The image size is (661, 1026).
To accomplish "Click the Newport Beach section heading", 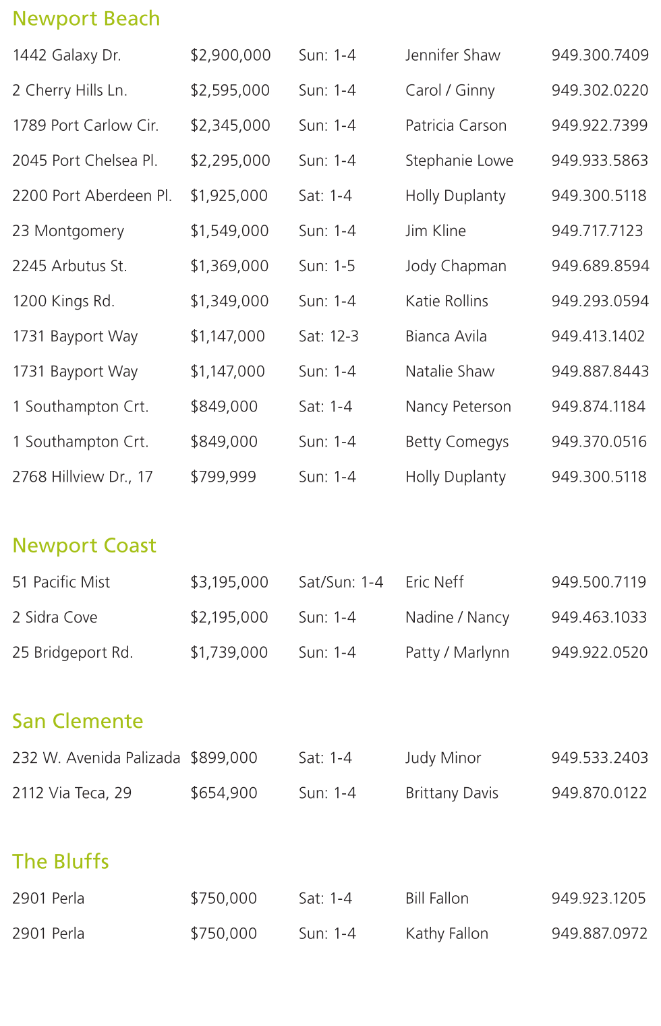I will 86,19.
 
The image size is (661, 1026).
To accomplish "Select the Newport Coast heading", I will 84,546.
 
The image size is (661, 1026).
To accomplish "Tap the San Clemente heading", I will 78,722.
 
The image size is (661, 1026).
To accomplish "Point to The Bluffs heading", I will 61,862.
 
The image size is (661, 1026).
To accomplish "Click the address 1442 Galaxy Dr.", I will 67,55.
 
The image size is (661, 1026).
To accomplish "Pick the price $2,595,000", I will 230,90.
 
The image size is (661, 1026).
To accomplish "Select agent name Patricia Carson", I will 456,125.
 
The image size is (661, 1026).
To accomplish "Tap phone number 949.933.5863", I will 600,161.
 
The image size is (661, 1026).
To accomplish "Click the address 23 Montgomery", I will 68,231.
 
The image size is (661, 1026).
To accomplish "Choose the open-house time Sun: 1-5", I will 327,266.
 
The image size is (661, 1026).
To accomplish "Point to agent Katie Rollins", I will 447,301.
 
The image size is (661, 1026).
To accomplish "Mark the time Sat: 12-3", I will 328,336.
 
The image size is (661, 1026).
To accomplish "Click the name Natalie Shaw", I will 450,371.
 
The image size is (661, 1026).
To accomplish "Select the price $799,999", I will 223,477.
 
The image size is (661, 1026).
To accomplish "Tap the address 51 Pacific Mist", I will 61,582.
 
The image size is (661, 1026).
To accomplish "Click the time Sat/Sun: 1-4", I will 341,582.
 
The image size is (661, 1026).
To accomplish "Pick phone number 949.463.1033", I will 599,617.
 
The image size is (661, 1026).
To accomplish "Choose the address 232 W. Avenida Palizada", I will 96,758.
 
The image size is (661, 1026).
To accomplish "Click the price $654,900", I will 224,793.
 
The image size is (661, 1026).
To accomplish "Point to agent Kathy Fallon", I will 447,934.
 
